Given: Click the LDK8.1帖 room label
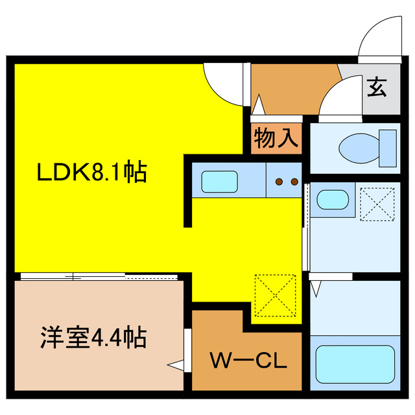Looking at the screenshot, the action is click(91, 172).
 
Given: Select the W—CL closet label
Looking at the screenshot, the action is click(248, 361).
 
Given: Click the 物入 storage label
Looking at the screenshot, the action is click(276, 137).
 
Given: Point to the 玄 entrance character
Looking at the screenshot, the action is click(377, 87).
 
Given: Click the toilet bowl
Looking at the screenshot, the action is click(359, 148).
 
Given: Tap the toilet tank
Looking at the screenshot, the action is click(388, 148).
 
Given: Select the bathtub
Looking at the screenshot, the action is click(355, 364).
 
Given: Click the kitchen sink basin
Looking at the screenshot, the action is click(219, 182).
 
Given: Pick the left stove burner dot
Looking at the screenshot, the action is click(279, 182).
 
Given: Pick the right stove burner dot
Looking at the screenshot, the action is click(294, 182).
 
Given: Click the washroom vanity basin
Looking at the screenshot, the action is click(332, 200).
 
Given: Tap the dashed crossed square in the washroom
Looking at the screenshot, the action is click(377, 204).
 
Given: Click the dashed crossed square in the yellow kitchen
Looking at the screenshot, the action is click(275, 296).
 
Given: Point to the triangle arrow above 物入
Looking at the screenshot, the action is click(258, 105).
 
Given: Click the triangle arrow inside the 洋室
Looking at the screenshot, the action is click(176, 365).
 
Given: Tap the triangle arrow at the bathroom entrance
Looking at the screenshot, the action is click(316, 289).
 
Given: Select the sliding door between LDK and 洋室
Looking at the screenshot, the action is click(99, 277).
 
